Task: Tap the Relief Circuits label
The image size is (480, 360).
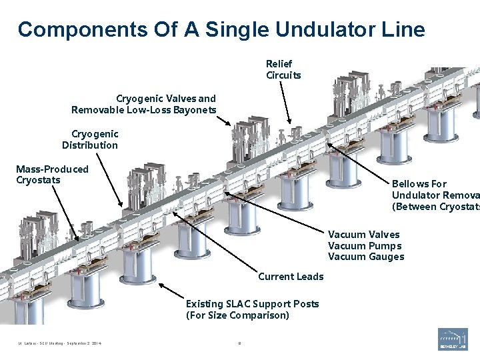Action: point(283,69)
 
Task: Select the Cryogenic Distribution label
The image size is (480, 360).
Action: point(91,139)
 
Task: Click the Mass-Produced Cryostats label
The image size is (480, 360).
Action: point(52,175)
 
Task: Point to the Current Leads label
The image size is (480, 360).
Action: point(291,277)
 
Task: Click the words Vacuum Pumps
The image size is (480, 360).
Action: point(364,245)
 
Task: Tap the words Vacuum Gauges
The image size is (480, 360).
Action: point(365,257)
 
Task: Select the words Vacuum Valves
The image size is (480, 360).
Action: point(364,234)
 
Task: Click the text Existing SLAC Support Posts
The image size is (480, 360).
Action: point(252,304)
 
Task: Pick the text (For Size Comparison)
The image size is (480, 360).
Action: point(237,315)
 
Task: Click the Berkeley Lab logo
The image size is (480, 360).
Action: point(453,339)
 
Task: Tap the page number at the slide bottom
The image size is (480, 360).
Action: point(239,344)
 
